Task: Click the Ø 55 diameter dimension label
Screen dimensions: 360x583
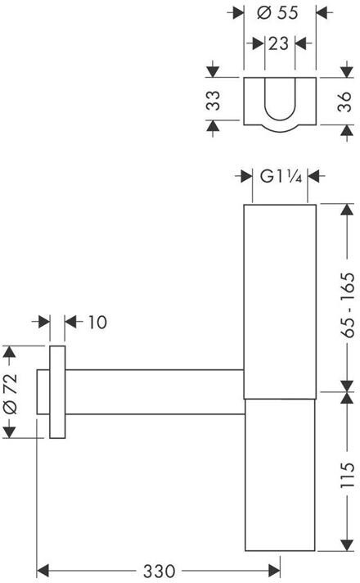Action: pos(277,12)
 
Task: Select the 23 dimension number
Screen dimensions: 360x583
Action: pos(278,43)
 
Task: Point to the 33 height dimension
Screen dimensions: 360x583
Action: pos(214,101)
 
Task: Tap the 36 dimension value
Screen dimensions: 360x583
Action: pos(344,102)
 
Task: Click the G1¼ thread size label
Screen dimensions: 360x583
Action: pos(281,176)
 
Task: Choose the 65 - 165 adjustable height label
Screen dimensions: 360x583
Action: pos(348,305)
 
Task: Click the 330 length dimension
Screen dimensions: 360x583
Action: pos(159,571)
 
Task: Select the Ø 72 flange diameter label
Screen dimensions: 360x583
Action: pos(10,394)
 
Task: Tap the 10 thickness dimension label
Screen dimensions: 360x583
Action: pos(97,322)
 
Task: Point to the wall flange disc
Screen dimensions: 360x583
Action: pos(57,392)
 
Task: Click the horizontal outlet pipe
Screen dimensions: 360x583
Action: pos(155,392)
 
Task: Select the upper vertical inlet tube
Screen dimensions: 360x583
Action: pos(280,301)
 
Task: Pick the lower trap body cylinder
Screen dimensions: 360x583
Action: pos(280,475)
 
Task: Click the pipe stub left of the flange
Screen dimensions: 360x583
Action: pos(43,392)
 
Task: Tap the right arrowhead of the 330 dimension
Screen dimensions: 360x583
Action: pos(274,571)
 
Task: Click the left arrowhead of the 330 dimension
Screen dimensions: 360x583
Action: pos(43,571)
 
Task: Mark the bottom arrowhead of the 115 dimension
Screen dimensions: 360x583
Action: pos(347,545)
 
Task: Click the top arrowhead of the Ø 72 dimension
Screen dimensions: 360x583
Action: pos(9,352)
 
